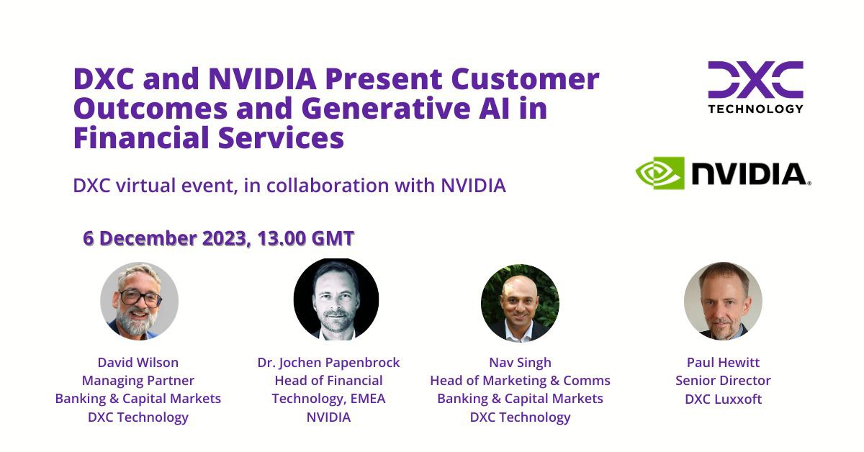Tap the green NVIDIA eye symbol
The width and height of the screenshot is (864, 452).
coord(660,173)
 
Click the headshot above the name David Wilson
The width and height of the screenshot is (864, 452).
coord(139,301)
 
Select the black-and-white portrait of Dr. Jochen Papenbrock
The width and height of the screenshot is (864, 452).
coord(336,299)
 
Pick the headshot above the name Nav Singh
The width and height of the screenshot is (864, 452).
coord(520,302)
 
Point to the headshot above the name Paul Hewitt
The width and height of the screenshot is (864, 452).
coord(723,301)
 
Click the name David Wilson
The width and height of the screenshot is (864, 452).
coord(138,362)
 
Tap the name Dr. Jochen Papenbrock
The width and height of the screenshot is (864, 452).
coord(328,362)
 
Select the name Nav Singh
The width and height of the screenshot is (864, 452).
coord(520,362)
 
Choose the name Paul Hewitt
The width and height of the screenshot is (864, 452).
coord(723,362)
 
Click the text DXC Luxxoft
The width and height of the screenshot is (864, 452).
coord(723,399)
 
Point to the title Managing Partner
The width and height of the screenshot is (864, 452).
coord(138,380)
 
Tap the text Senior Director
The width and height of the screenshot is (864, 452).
coord(723,380)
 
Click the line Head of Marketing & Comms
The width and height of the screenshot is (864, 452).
coord(520,380)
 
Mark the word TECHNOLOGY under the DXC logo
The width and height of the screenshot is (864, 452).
coord(755,109)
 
